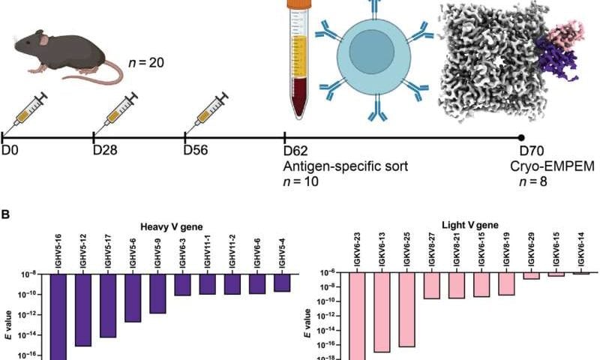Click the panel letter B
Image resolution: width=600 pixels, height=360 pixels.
tap(5, 214)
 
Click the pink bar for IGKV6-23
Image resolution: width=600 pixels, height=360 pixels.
tap(356, 315)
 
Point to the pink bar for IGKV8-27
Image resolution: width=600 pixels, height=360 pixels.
tap(431, 286)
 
